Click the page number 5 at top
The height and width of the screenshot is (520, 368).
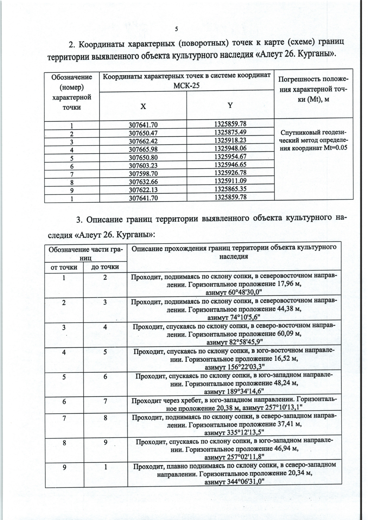coord(176,29)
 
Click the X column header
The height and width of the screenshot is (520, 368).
coord(143,106)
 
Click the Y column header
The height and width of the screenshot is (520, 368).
coord(230,105)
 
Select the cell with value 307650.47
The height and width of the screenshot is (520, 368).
coord(143,134)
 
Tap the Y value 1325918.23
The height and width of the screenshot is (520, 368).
coord(230,140)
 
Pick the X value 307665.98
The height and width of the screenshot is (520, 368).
coord(143,150)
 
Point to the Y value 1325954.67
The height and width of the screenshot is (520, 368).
coord(230,156)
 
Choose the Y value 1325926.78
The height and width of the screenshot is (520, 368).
coord(230,173)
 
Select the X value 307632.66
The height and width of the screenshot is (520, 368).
coord(143,182)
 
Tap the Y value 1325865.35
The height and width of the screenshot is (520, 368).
coord(230,188)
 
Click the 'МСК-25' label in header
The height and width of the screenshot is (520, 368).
coord(186,85)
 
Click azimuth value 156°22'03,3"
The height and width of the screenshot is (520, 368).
coord(234,367)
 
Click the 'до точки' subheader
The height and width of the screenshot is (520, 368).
coord(105,267)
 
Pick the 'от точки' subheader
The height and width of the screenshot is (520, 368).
coord(64,267)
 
